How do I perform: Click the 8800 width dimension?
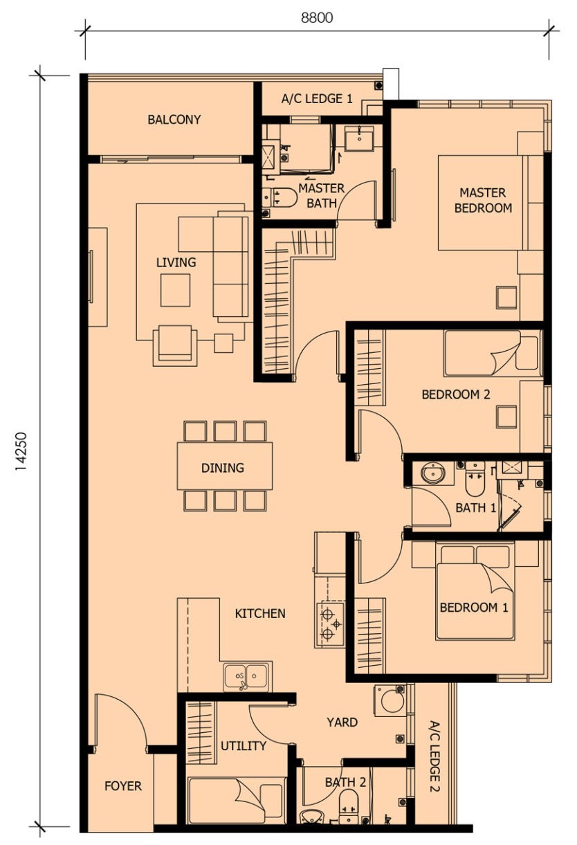click(317, 18)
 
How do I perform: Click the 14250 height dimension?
click(21, 451)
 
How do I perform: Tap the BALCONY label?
click(174, 120)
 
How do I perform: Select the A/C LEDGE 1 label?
click(317, 99)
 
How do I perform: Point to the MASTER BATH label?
click(322, 195)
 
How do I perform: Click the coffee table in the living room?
click(175, 290)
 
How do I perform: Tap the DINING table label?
click(223, 468)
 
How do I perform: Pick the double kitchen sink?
click(246, 675)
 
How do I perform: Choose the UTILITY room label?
click(244, 746)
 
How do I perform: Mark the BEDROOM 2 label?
click(455, 394)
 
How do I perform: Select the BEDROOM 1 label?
click(474, 608)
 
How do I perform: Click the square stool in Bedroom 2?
click(506, 417)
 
